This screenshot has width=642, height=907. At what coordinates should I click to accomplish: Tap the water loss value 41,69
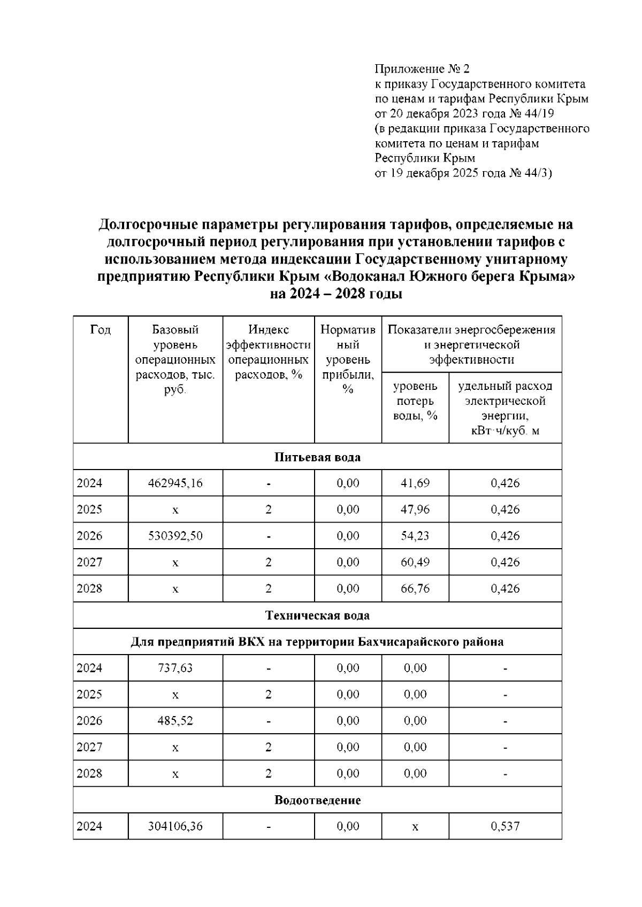pyautogui.click(x=415, y=483)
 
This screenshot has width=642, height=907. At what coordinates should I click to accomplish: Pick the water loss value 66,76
pyautogui.click(x=415, y=589)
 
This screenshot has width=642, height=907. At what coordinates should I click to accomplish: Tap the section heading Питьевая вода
pyautogui.click(x=317, y=457)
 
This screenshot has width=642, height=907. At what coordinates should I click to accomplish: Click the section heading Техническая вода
pyautogui.click(x=317, y=616)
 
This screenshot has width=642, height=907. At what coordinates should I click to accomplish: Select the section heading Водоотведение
pyautogui.click(x=317, y=801)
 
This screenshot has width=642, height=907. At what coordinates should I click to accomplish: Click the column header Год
pyautogui.click(x=101, y=330)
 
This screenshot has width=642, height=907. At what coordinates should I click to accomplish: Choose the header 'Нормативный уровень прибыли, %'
pyautogui.click(x=348, y=359)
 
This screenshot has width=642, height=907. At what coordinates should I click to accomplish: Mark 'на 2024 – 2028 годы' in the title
pyautogui.click(x=335, y=294)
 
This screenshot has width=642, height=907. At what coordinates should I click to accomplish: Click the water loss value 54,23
pyautogui.click(x=415, y=536)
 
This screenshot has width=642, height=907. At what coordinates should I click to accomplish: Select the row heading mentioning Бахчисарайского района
pyautogui.click(x=317, y=642)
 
